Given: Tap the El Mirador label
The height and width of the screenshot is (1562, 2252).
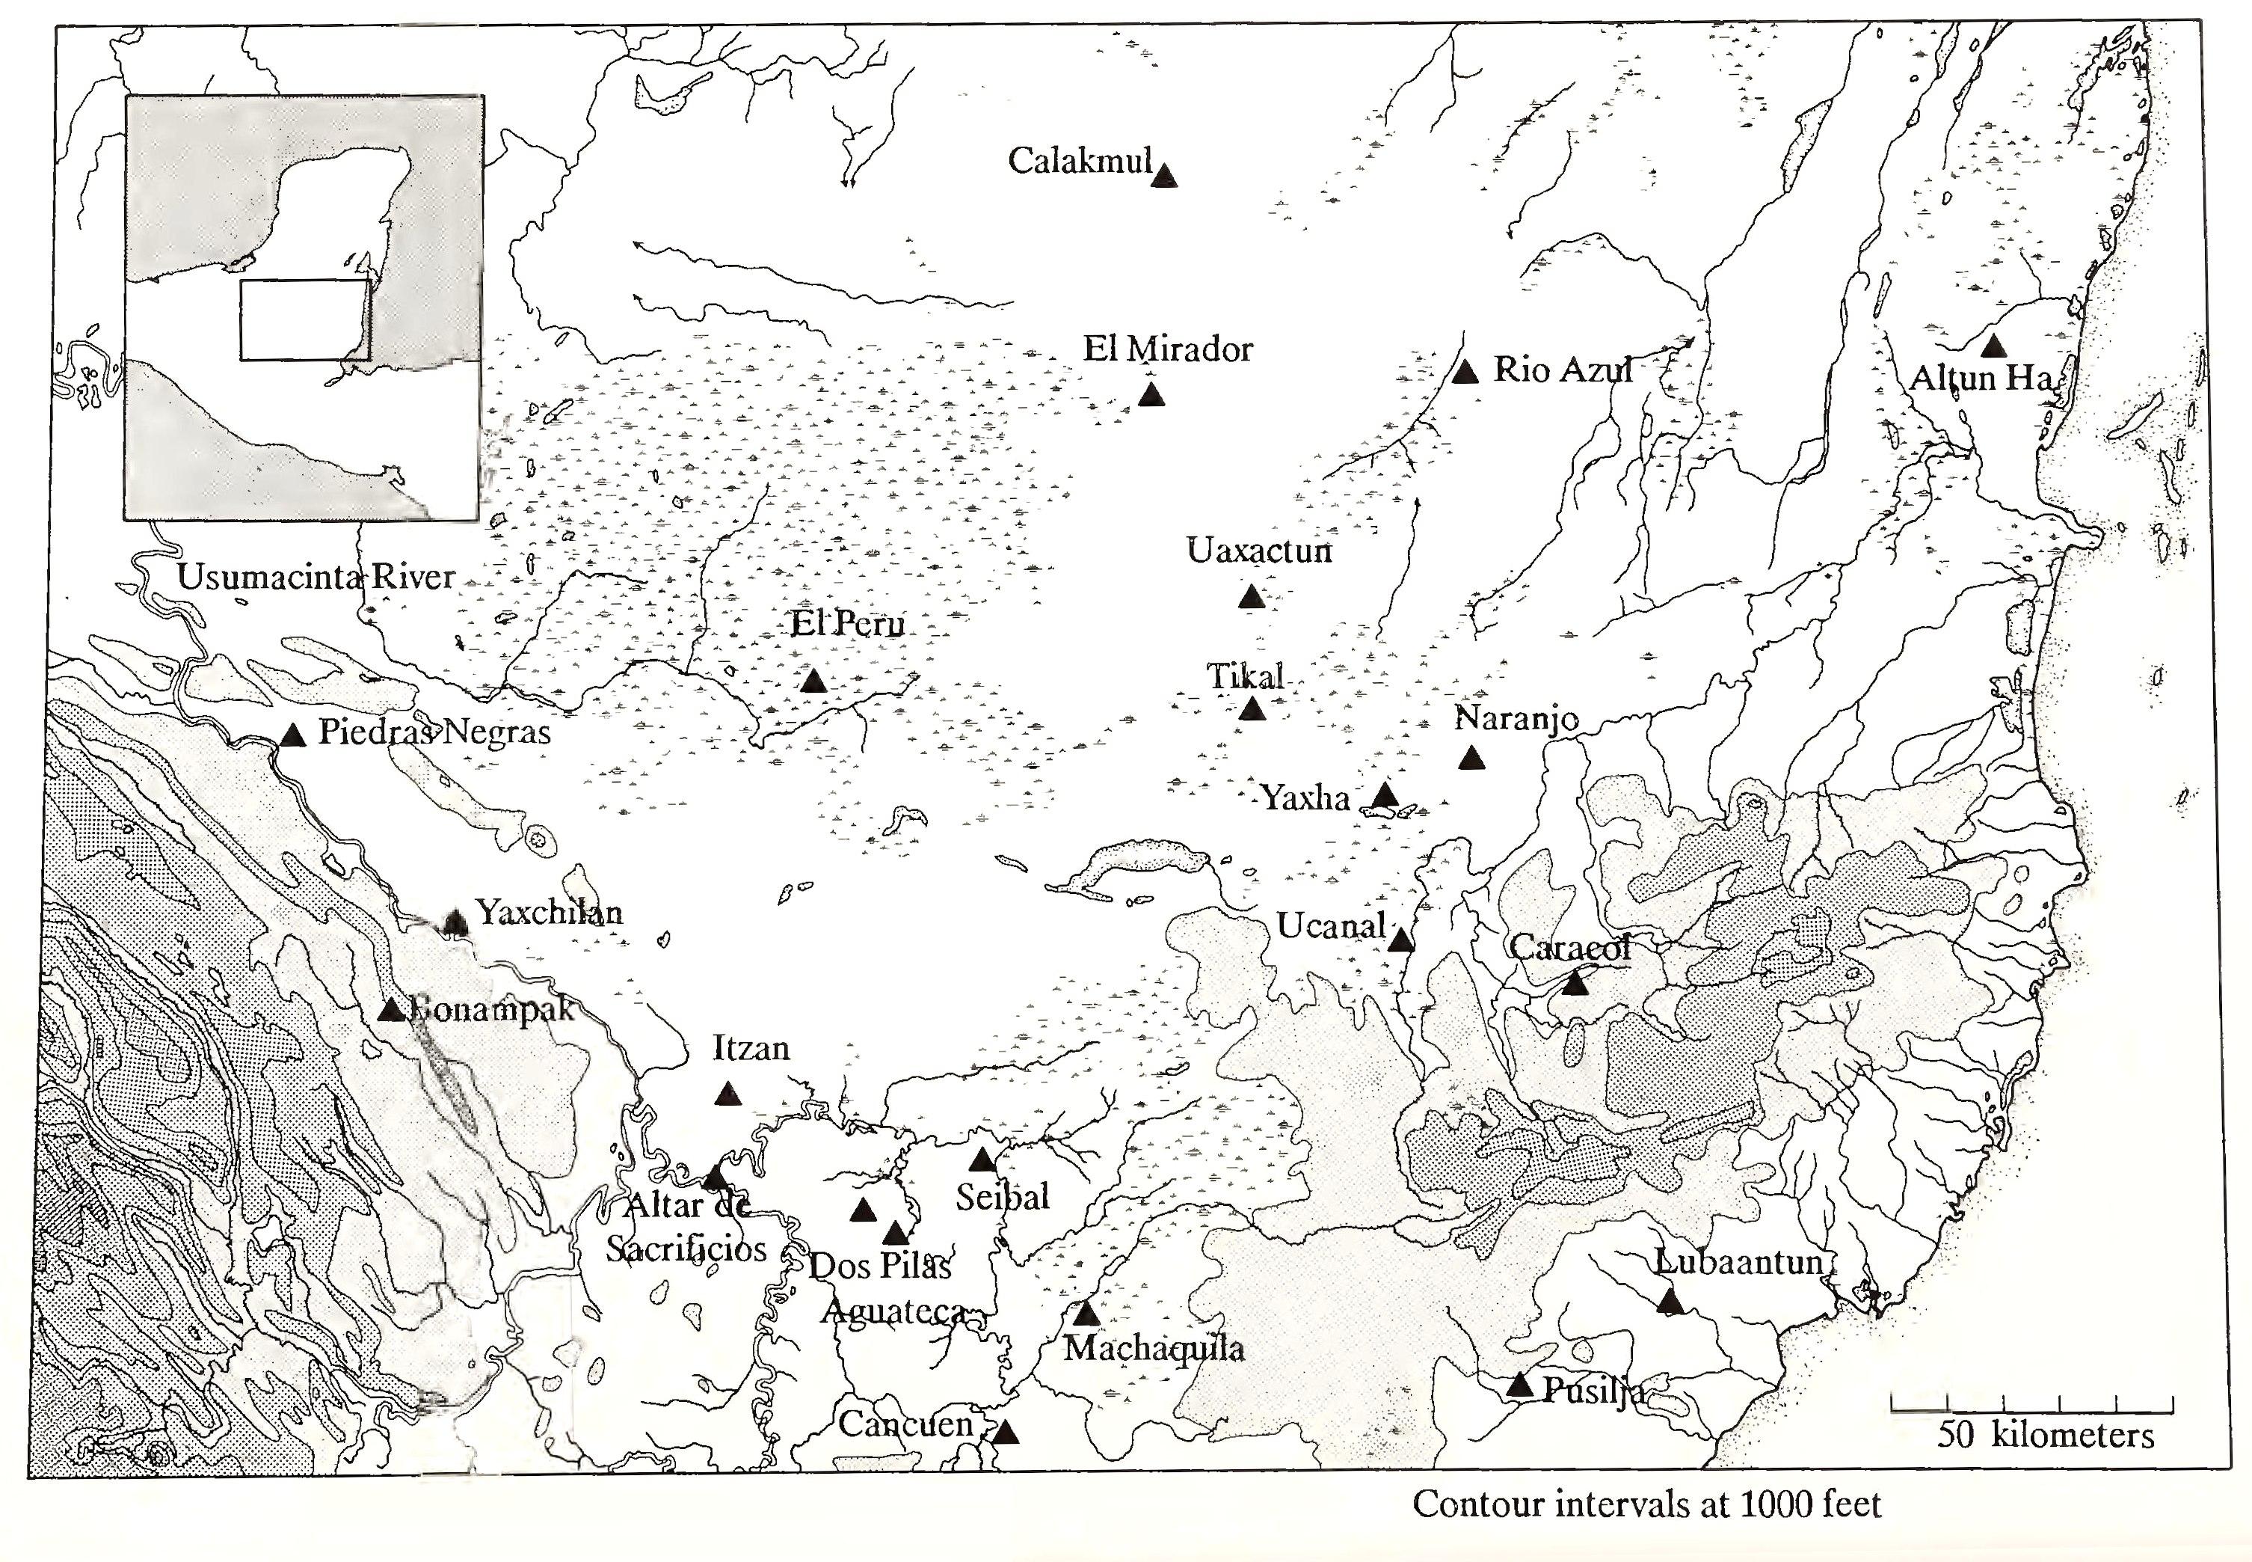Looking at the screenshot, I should tap(1167, 349).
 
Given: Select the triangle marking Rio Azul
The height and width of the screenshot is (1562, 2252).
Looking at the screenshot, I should tap(1465, 372).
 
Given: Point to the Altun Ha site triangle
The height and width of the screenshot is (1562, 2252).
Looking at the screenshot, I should tap(1992, 346).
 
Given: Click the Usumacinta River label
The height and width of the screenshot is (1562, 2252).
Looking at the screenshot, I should tap(316, 577).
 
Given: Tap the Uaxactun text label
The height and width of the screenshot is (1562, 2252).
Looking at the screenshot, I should tap(1259, 551).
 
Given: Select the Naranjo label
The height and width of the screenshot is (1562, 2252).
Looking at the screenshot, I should tap(1516, 718).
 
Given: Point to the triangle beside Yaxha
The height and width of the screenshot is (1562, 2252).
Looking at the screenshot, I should tap(1383, 794).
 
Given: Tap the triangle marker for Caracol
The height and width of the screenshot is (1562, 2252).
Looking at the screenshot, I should tap(1574, 984).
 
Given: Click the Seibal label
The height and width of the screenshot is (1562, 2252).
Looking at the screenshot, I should tap(1002, 1196).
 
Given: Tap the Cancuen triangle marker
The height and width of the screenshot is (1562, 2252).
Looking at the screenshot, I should tap(1005, 1432).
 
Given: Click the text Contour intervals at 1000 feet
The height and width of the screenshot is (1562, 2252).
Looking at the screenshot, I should tap(1646, 1504).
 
